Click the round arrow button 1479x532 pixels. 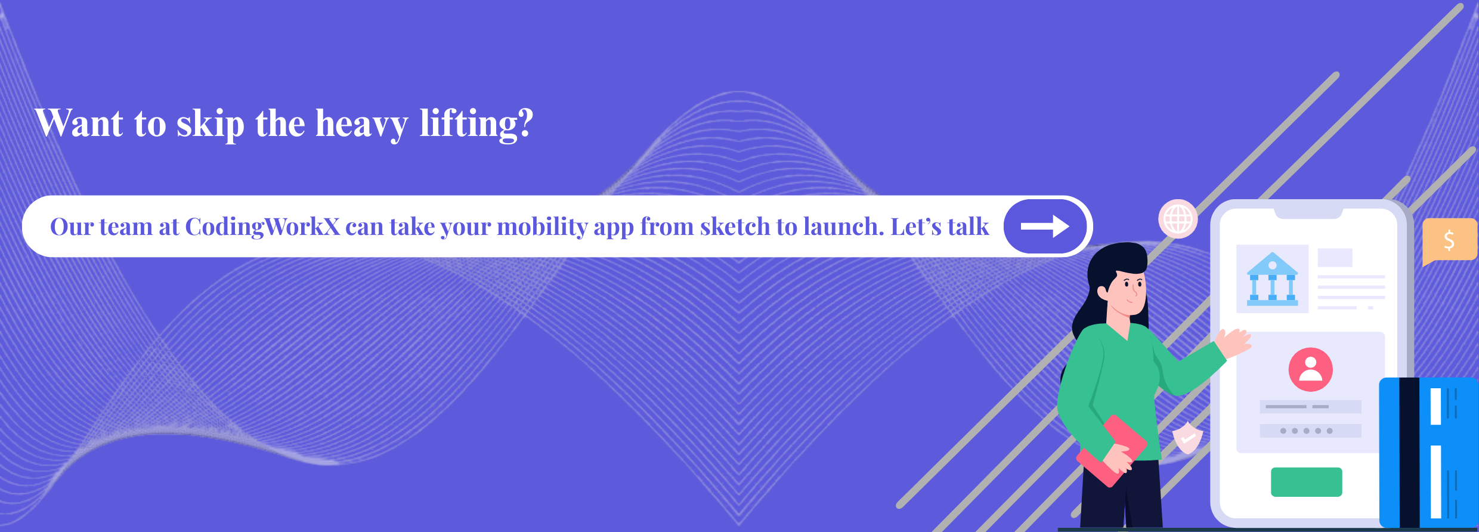click(1045, 227)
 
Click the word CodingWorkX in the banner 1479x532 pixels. click(262, 227)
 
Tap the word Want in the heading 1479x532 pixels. click(79, 123)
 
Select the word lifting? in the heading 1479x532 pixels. click(477, 125)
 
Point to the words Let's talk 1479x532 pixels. click(940, 227)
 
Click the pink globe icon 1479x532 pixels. click(1178, 219)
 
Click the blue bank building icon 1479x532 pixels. click(1272, 279)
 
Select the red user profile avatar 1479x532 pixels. click(1310, 370)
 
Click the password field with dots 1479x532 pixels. click(1310, 431)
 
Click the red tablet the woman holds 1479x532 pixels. click(1111, 450)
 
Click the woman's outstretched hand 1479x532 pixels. click(1233, 343)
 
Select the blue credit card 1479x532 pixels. click(1429, 453)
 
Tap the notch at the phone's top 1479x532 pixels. click(1308, 214)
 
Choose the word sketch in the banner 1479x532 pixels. click(735, 227)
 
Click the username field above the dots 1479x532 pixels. click(1310, 407)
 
